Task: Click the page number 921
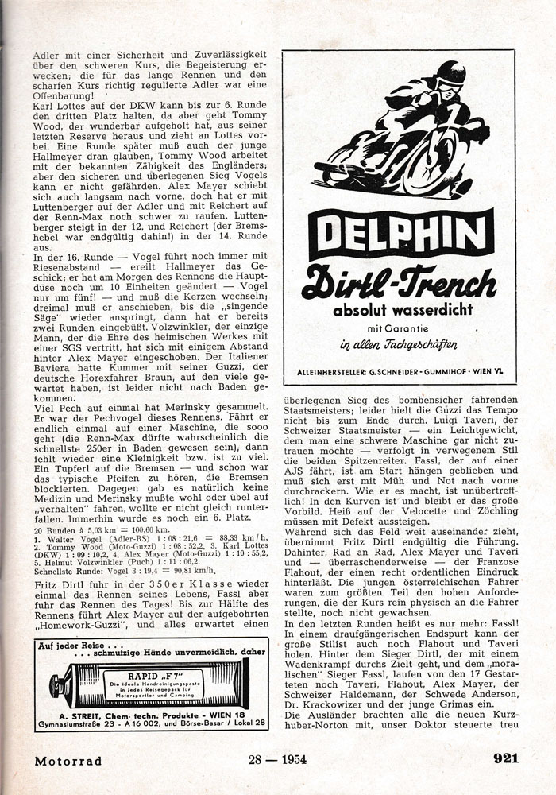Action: point(506,758)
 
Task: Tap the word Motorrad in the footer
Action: point(68,760)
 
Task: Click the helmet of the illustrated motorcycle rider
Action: point(450,73)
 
